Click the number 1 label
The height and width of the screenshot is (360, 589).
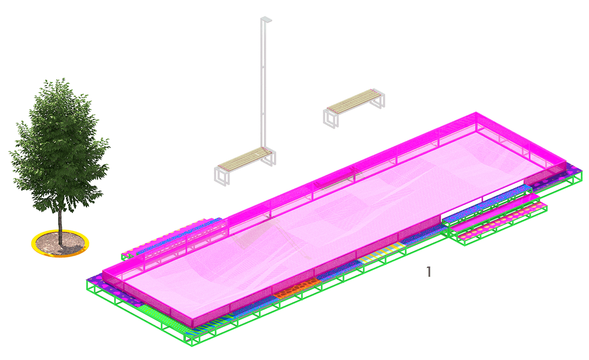[429, 272]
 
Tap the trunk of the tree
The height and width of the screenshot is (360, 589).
[60, 227]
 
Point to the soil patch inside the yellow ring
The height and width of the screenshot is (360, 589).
[60, 243]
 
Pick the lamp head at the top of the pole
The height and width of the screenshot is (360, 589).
[266, 20]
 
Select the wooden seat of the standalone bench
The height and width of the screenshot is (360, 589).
[354, 101]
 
